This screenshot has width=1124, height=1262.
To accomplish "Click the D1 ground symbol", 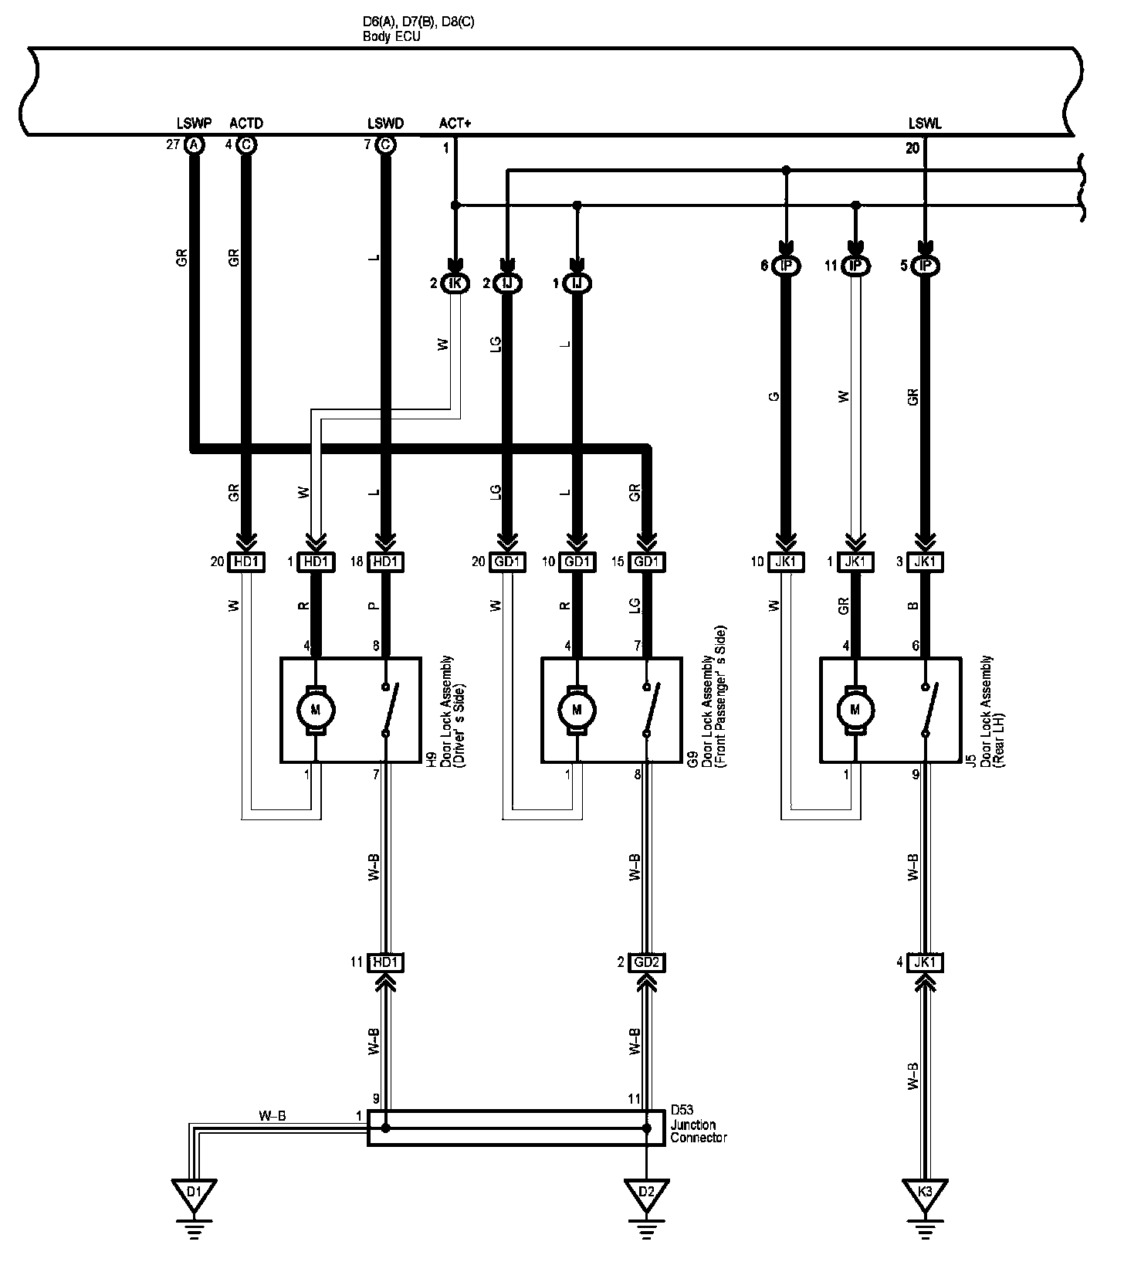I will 193,1194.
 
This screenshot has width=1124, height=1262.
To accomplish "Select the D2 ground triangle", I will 647,1194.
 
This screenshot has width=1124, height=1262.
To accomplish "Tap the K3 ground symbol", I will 925,1194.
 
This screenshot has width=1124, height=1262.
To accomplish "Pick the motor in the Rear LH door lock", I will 855,708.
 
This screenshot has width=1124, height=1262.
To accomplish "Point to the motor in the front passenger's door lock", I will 576,708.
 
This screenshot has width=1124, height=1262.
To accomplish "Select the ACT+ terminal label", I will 455,124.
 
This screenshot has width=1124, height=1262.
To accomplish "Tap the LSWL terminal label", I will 925,124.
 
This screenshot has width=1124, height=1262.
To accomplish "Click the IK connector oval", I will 455,284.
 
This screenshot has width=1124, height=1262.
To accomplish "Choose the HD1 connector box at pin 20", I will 246,562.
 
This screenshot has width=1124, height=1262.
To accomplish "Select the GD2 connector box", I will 647,962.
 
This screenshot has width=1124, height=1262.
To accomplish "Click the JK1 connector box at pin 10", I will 785,562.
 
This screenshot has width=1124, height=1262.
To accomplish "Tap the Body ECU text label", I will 391,36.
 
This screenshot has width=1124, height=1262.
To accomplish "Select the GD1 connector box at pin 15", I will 647,562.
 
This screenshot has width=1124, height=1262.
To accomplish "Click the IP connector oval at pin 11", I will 855,266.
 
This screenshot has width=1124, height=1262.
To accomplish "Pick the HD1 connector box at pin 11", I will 386,962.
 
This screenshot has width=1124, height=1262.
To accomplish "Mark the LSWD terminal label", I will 385,124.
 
